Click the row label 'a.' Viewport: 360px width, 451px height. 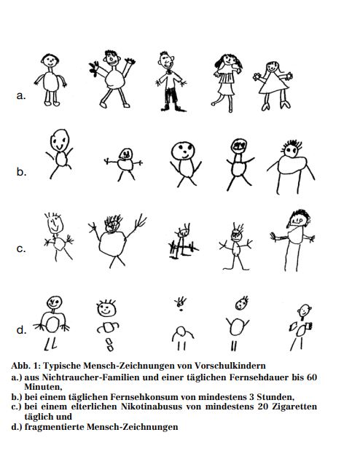21,95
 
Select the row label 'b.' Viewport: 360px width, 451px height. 21,171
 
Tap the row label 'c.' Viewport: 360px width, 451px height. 21,248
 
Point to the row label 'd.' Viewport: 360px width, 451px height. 21,329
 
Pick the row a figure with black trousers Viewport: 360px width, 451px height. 171,82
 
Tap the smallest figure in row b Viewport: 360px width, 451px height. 125,165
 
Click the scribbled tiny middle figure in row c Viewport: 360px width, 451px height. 183,242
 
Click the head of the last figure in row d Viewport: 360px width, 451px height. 304,310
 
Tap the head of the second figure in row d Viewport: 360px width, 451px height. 106,309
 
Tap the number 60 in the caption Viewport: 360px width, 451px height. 311,377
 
